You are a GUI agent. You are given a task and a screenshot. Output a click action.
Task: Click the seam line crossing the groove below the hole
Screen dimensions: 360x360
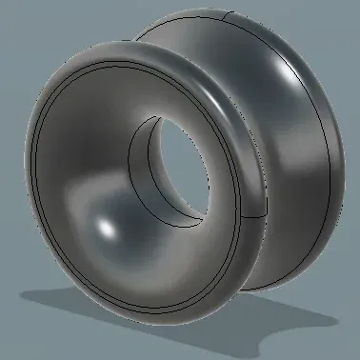coord(245,213)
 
